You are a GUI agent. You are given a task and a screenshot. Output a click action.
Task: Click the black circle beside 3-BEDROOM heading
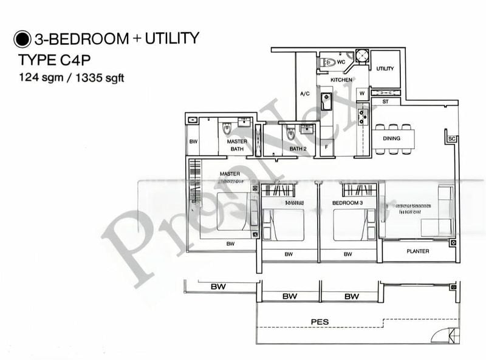pyautogui.click(x=22, y=39)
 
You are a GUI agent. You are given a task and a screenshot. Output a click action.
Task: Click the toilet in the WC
pyautogui.click(x=328, y=62)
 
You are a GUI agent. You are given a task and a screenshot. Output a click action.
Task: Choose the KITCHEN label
pyautogui.click(x=341, y=80)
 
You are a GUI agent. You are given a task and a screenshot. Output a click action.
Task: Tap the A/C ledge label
pyautogui.click(x=306, y=94)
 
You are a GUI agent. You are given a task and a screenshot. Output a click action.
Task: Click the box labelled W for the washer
pyautogui.click(x=361, y=93)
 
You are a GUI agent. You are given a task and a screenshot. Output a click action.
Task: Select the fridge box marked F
pyautogui.click(x=326, y=147)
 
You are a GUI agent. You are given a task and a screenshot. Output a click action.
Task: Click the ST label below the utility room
pyautogui.click(x=385, y=102)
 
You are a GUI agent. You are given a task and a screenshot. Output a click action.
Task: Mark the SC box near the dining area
pyautogui.click(x=451, y=139)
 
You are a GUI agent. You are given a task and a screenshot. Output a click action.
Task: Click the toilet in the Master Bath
pyautogui.click(x=227, y=128)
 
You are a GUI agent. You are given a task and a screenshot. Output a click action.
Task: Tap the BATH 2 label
pyautogui.click(x=297, y=149)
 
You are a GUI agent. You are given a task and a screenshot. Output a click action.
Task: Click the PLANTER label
pyautogui.click(x=417, y=251)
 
